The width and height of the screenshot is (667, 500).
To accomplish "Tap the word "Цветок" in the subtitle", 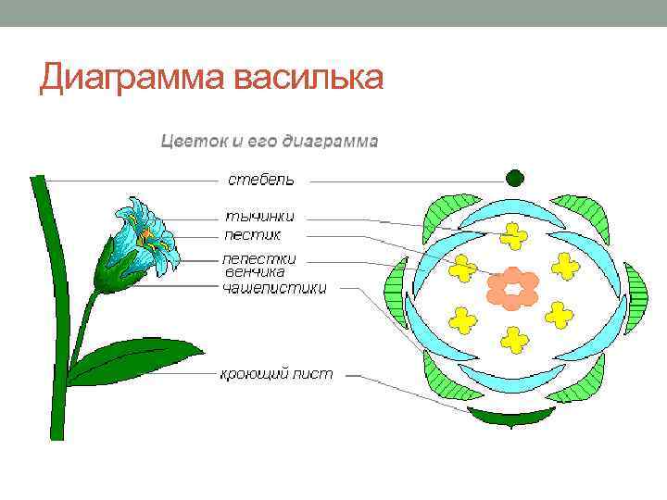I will [x=193, y=142].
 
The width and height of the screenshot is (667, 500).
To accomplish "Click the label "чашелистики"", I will [x=274, y=288].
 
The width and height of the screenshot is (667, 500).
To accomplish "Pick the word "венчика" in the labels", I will [x=255, y=272].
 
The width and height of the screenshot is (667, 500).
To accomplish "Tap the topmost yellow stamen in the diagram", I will [x=512, y=236].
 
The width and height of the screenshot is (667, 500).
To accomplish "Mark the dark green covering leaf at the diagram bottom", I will [x=511, y=416].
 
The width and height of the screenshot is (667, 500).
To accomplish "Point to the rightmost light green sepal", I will [x=636, y=298].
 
